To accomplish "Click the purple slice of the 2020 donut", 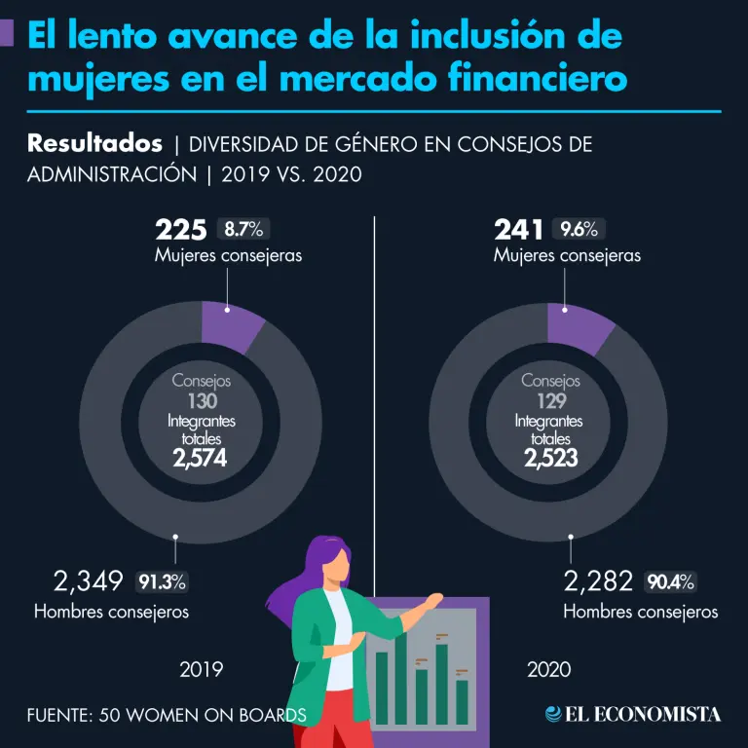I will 578,326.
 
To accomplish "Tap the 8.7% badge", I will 243,230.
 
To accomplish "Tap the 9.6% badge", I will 580,230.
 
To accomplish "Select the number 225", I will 181,230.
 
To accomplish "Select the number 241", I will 519,230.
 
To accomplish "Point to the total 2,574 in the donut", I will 200,459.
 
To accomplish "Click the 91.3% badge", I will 162,582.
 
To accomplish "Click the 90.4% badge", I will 671,582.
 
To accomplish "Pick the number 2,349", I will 89,582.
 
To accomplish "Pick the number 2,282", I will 599,582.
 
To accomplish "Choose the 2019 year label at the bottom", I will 202,670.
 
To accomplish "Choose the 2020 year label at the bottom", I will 549,670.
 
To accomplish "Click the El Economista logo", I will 634,714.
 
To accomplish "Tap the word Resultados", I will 94,144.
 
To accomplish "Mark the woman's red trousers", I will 336,726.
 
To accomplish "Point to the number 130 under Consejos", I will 200,401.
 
